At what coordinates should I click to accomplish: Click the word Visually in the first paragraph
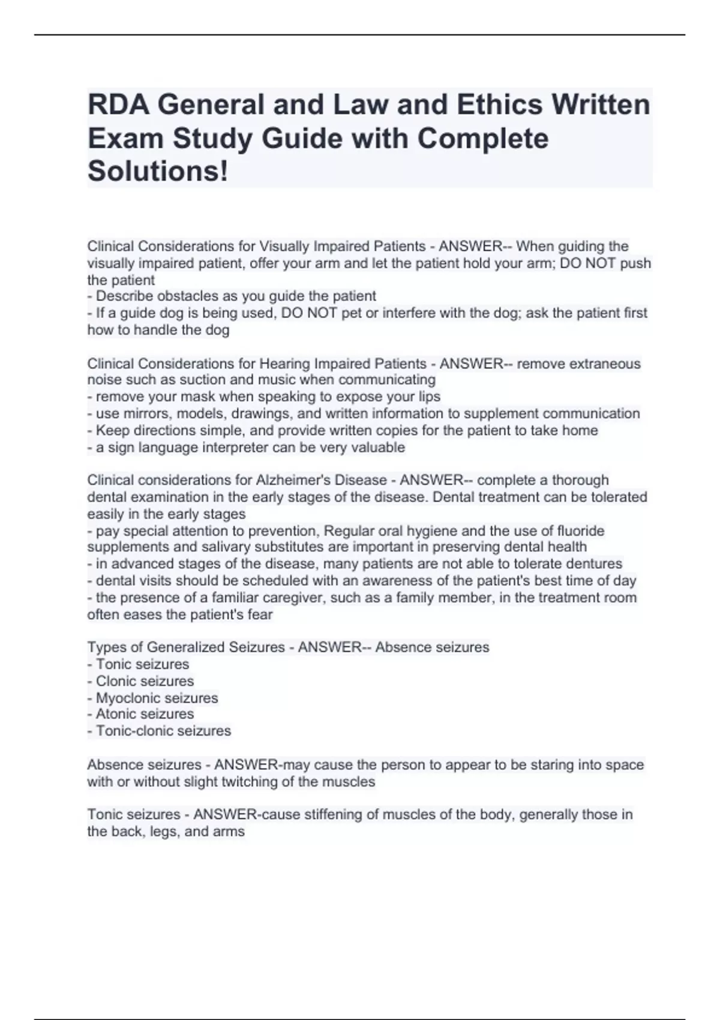[283, 247]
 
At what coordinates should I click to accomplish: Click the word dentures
[595, 564]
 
